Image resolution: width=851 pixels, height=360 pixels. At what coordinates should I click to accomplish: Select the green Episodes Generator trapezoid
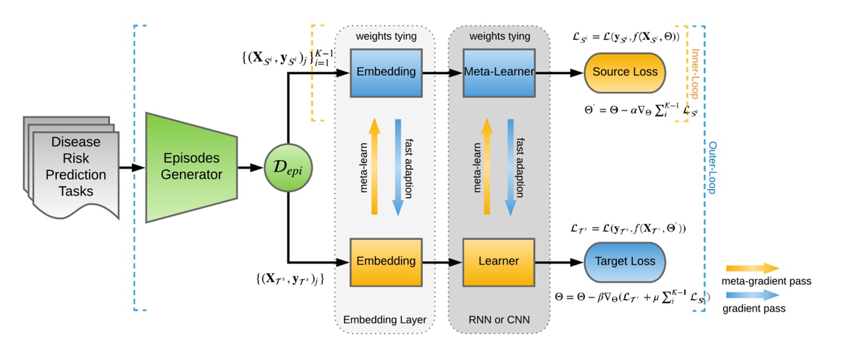[x=191, y=167]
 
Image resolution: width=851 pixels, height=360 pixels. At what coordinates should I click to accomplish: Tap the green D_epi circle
[x=289, y=168]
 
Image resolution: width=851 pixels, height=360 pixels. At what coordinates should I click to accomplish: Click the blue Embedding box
[x=386, y=72]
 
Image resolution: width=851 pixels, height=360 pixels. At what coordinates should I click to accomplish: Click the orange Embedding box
[x=386, y=262]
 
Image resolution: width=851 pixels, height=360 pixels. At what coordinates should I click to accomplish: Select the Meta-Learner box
[x=499, y=72]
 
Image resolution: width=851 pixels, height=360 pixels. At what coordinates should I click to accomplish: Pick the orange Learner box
[x=499, y=262]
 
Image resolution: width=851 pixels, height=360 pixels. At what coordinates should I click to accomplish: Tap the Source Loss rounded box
[x=625, y=72]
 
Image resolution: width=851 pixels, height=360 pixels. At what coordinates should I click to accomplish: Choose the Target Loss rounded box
[x=625, y=262]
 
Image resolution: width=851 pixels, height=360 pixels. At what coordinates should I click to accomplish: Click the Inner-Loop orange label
[x=695, y=73]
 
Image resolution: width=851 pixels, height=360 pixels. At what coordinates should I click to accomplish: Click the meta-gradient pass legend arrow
[x=752, y=268]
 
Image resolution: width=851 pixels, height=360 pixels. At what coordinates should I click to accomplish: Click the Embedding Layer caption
[x=385, y=320]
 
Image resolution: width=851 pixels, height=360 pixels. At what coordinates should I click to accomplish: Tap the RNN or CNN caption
[x=499, y=320]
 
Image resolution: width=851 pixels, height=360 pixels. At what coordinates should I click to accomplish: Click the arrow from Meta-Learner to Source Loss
[x=560, y=72]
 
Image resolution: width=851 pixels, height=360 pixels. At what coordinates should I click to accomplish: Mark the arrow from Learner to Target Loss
[x=560, y=262]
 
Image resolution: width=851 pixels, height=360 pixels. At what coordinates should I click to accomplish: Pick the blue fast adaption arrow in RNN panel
[x=511, y=167]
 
